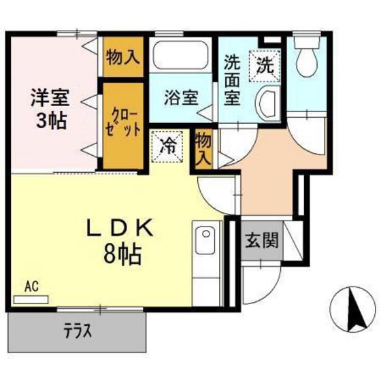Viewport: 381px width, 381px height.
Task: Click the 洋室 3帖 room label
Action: coord(50,109)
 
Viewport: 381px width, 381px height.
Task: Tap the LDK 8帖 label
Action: coord(121,241)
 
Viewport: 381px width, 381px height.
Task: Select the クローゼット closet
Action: coord(123,126)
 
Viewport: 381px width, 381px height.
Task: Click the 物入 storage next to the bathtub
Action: coord(123,57)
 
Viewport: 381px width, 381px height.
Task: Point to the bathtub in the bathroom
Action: coord(180,55)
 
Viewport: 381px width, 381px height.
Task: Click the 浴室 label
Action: coord(181,97)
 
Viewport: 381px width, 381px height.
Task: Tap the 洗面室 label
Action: coord(232,80)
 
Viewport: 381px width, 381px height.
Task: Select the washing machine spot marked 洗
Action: coord(265,65)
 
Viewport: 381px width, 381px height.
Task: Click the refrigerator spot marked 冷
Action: coord(167,147)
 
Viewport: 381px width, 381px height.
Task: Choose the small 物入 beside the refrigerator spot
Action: coord(203,149)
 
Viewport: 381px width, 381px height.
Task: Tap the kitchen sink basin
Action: coord(205,240)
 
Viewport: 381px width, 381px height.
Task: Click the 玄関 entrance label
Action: coord(262,241)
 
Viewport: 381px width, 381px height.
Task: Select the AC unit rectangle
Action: coord(31,299)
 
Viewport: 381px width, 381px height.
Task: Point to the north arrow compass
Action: coord(352,310)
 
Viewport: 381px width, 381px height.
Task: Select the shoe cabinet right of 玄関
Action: coord(293,241)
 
